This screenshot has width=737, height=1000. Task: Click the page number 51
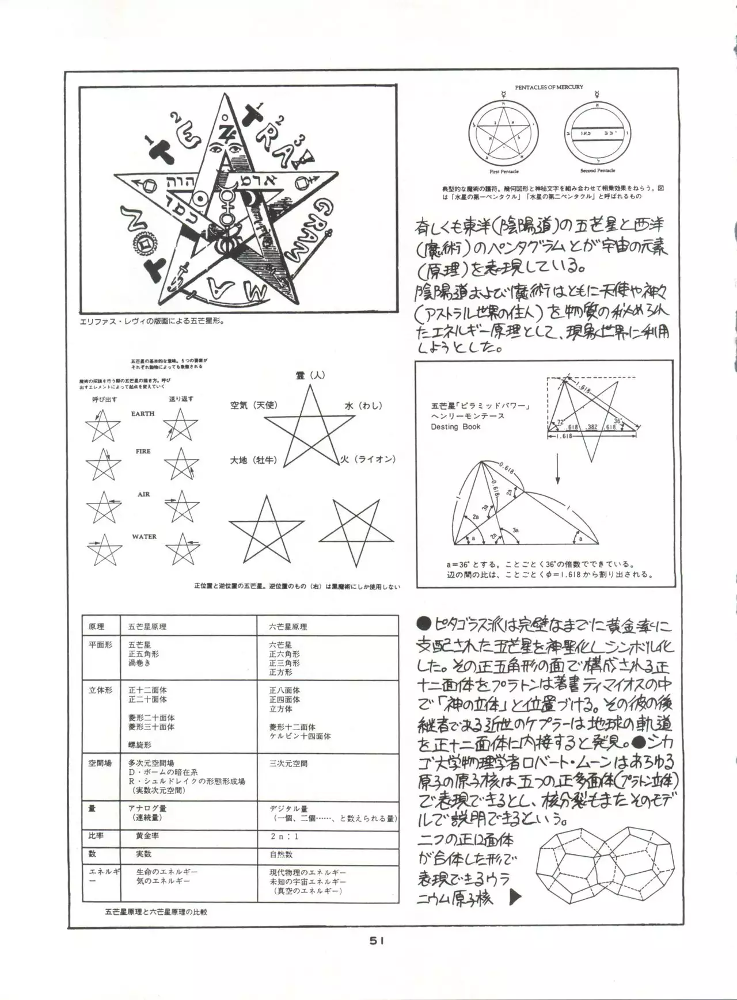click(x=377, y=940)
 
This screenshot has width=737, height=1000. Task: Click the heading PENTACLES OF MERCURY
click(x=549, y=87)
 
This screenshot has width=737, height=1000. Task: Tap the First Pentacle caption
click(x=504, y=171)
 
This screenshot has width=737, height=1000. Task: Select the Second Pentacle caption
click(x=597, y=171)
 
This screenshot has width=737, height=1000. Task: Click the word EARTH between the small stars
click(x=143, y=414)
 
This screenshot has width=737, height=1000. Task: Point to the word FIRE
click(x=143, y=452)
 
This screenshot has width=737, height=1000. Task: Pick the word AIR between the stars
click(x=143, y=495)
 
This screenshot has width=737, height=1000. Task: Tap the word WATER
click(x=144, y=537)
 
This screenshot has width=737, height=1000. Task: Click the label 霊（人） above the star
click(x=310, y=375)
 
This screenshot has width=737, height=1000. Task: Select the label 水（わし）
click(x=363, y=406)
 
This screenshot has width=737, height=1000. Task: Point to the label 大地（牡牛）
click(x=254, y=460)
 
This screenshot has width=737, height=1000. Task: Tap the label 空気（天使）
click(x=254, y=406)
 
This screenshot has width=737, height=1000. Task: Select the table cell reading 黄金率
click(x=148, y=835)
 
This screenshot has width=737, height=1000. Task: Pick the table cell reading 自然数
click(x=281, y=854)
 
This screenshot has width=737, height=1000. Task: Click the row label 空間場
click(x=100, y=764)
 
